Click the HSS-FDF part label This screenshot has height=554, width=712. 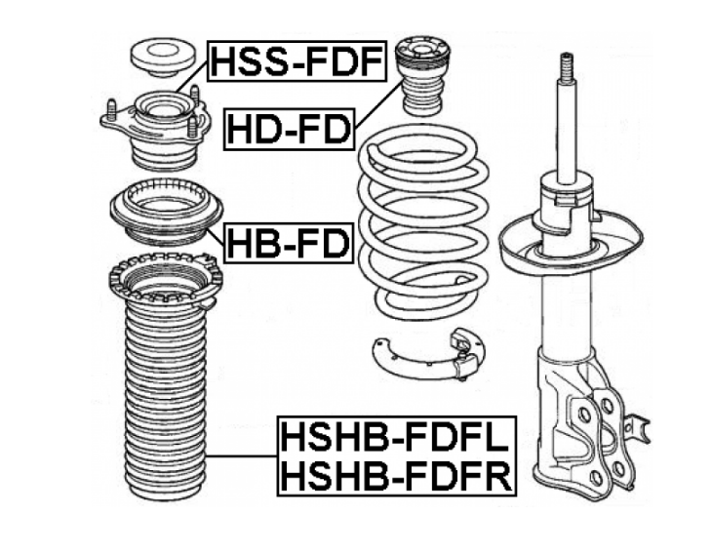pyautogui.click(x=297, y=61)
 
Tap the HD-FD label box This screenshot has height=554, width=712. pyautogui.click(x=290, y=130)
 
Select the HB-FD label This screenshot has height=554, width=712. pyautogui.click(x=289, y=243)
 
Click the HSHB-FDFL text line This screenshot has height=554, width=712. pyautogui.click(x=396, y=437)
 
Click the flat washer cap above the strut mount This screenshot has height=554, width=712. pyautogui.click(x=163, y=57)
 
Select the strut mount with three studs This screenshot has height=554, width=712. pyautogui.click(x=156, y=130)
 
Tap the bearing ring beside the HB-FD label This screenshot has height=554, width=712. pyautogui.click(x=166, y=211)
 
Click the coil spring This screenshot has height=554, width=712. pyautogui.click(x=423, y=222)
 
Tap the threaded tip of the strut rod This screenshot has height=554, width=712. pyautogui.click(x=567, y=68)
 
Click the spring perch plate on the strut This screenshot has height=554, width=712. pyautogui.click(x=571, y=245)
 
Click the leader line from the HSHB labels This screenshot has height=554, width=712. pyautogui.click(x=242, y=455)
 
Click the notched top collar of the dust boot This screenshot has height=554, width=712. pyautogui.click(x=166, y=282)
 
